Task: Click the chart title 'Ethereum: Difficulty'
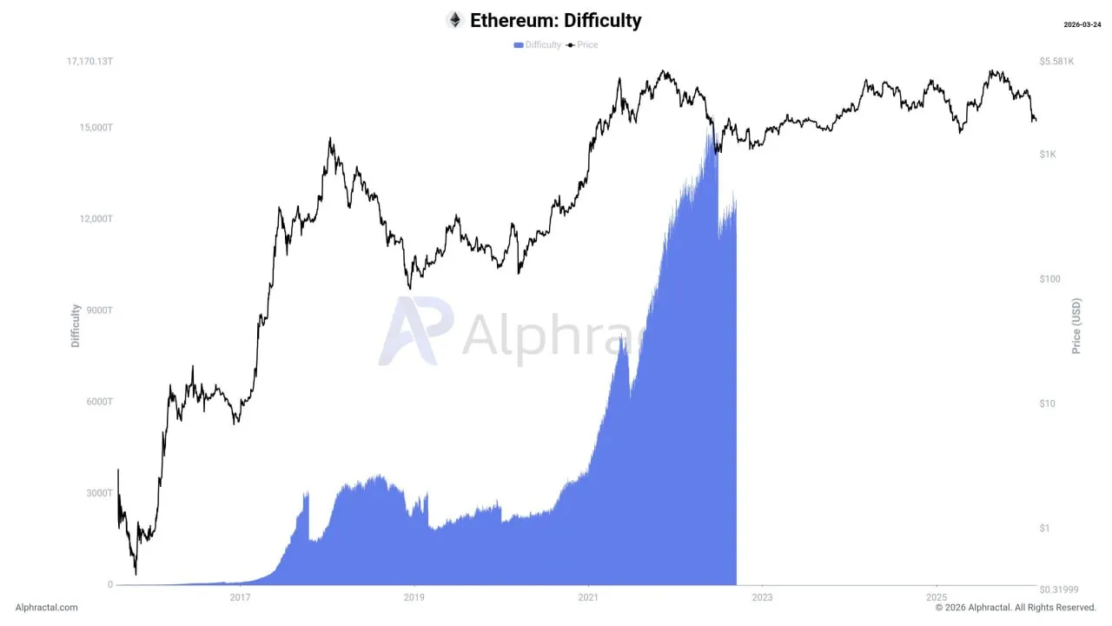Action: click(x=555, y=20)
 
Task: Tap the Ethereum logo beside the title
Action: click(x=454, y=20)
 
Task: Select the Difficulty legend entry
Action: click(x=538, y=44)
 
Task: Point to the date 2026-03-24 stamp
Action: click(x=1082, y=24)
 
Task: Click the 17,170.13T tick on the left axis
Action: click(x=90, y=62)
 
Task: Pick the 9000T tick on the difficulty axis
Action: click(x=98, y=310)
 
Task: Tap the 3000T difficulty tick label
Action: click(x=98, y=493)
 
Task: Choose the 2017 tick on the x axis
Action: click(x=240, y=597)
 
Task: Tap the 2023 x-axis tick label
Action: click(x=762, y=597)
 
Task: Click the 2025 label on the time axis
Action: click(x=936, y=597)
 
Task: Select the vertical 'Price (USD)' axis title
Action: click(x=1077, y=326)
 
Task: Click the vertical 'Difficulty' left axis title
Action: click(x=76, y=326)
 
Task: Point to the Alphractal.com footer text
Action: click(x=46, y=608)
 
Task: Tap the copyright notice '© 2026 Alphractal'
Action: click(x=1016, y=608)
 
